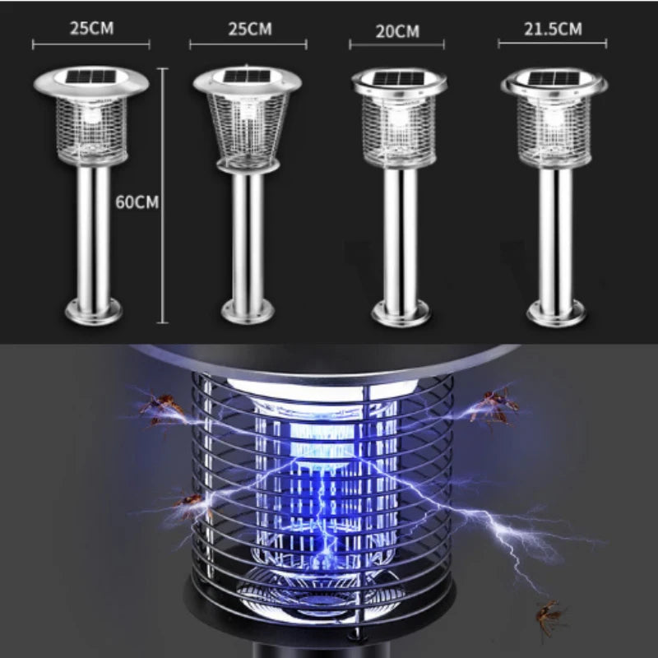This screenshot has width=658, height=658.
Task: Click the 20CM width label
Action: click(x=397, y=31)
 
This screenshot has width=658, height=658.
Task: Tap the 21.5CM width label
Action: click(x=553, y=29)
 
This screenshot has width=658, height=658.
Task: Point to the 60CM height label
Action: click(x=137, y=202)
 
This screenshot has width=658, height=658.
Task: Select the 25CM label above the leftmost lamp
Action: click(x=91, y=28)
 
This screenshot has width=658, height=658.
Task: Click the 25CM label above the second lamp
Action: click(x=250, y=29)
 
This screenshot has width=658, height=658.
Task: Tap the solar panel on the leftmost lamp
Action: click(x=92, y=76)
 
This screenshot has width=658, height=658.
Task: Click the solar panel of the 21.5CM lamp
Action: click(x=554, y=78)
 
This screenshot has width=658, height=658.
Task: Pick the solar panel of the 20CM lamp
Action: click(x=399, y=79)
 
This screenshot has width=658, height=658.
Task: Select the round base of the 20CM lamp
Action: click(x=401, y=313)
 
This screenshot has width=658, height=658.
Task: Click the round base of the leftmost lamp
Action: click(x=94, y=312)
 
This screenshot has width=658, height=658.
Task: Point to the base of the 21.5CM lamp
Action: click(x=556, y=313)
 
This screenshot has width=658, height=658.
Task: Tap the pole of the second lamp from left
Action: click(x=248, y=236)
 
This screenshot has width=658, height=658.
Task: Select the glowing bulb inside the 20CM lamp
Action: click(x=399, y=118)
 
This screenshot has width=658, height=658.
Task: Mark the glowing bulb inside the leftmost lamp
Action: click(x=92, y=115)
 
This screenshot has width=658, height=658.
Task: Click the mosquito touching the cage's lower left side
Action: click(x=191, y=503)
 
